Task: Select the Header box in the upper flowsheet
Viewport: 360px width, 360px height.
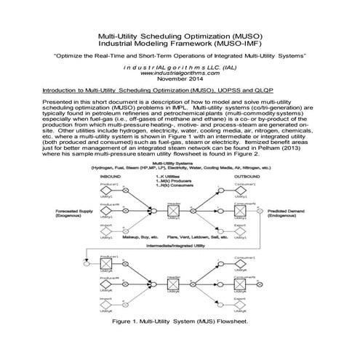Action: pyautogui.click(x=174, y=213)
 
